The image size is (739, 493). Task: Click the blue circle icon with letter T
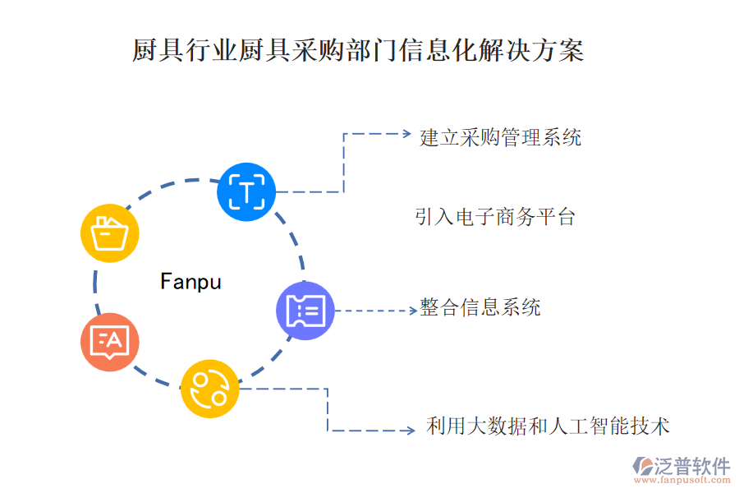point(246,191)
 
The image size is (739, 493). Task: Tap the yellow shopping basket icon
point(110,233)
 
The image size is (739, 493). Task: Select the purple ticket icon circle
point(305,311)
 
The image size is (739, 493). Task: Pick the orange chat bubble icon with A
point(110,341)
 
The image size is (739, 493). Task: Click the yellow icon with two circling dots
point(209,389)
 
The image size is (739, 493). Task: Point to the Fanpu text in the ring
point(190,282)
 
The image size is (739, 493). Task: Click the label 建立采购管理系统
point(500,136)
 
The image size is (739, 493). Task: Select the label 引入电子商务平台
point(494,217)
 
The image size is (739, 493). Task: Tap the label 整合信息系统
point(480,308)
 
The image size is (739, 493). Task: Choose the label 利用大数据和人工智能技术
point(548,426)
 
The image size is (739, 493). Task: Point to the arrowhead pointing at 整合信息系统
point(413,311)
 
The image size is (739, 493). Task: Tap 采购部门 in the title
point(333,51)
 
